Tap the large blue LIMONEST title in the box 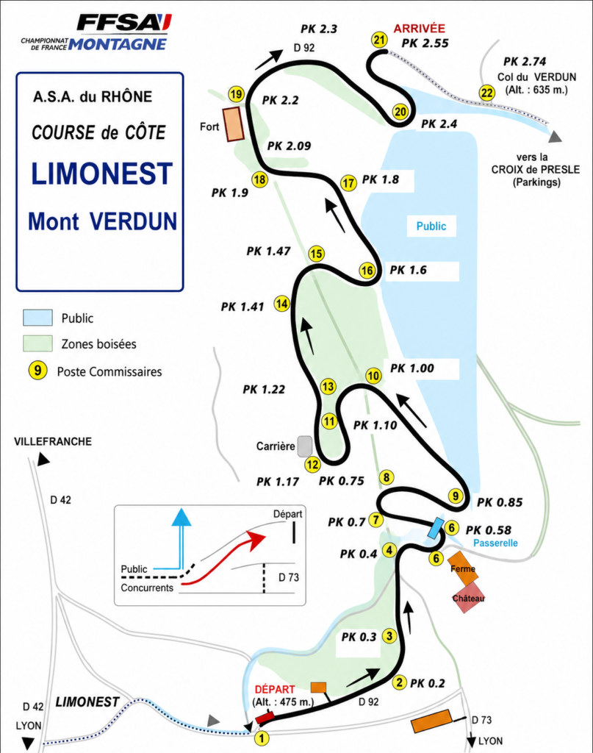[101, 174]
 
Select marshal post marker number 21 [379, 40]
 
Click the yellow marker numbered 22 [486, 93]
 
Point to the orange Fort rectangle [234, 124]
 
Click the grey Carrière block [305, 446]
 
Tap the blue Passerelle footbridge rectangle [436, 528]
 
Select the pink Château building [467, 597]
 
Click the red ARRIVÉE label [420, 29]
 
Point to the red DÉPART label [274, 690]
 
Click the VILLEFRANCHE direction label [53, 441]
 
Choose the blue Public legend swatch [38, 318]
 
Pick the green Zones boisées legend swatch [38, 343]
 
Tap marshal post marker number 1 [262, 737]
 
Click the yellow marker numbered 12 [312, 465]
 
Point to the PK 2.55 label [425, 43]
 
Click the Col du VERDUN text [536, 76]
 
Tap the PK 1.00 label [412, 368]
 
